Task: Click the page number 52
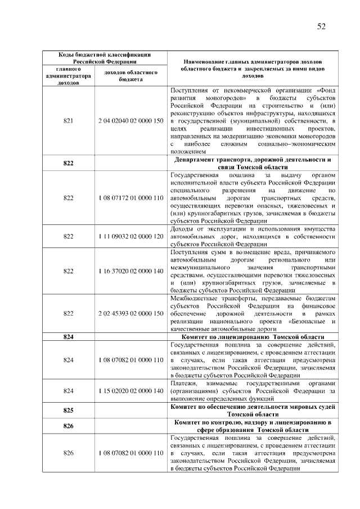[321, 26]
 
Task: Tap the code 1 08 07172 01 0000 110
[130, 198]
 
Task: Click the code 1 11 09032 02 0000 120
[130, 237]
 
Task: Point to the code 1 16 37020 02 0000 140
[130, 271]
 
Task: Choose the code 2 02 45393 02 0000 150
[130, 313]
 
